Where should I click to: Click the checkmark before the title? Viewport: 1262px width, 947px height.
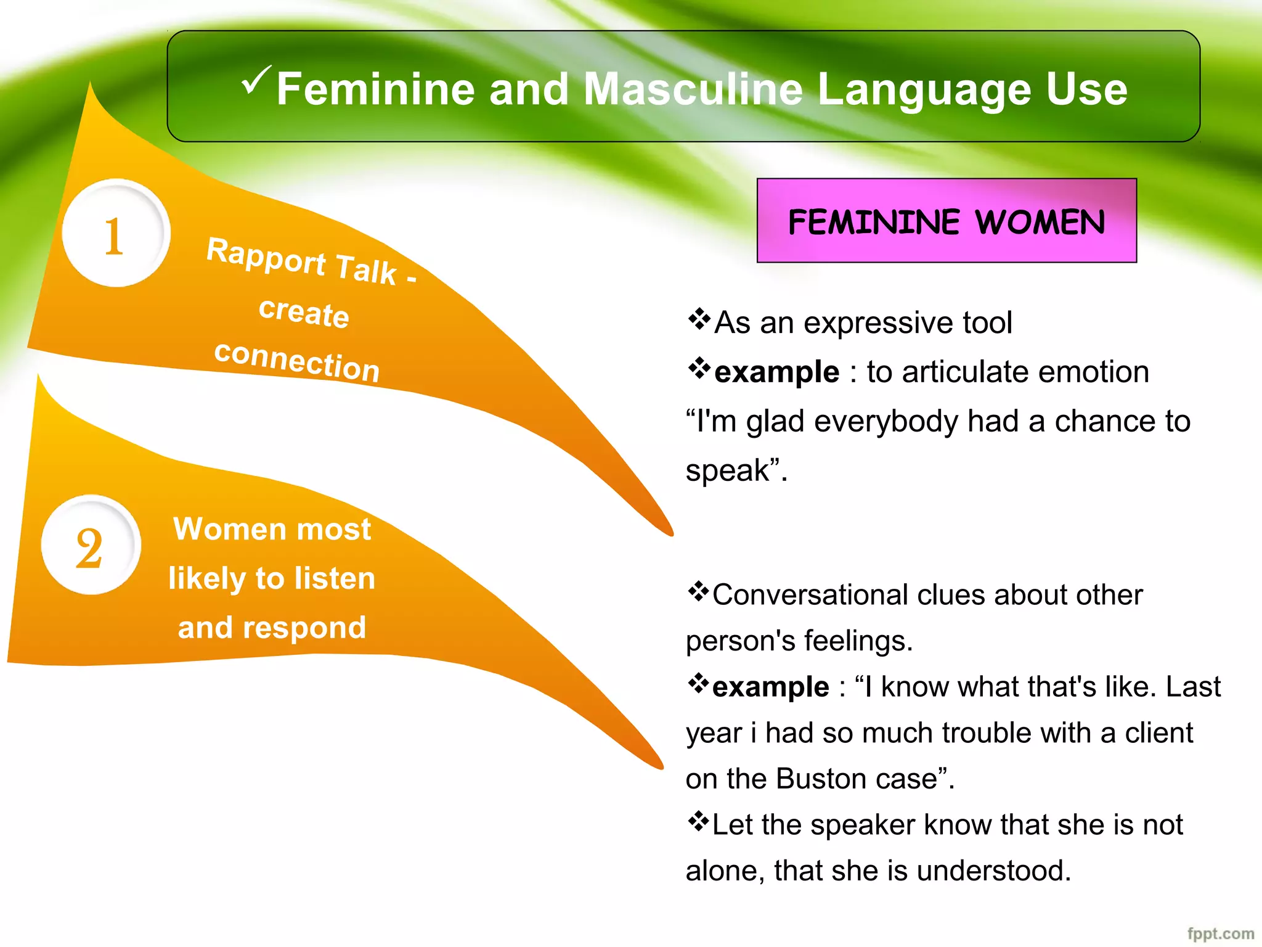pos(255,80)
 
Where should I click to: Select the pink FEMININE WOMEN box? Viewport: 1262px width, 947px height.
pos(946,221)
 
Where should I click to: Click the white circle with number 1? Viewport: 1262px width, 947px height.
pos(116,234)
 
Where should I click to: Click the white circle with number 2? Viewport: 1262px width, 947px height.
pos(91,545)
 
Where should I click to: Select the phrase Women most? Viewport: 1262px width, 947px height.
pos(272,529)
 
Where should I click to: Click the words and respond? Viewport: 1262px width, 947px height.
pos(272,628)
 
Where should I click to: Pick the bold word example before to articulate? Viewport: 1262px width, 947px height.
pos(776,372)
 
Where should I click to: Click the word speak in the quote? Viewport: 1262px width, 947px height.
pos(727,470)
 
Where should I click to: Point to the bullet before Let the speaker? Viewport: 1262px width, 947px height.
pos(698,821)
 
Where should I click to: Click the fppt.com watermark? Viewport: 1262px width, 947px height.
pos(1220,933)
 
